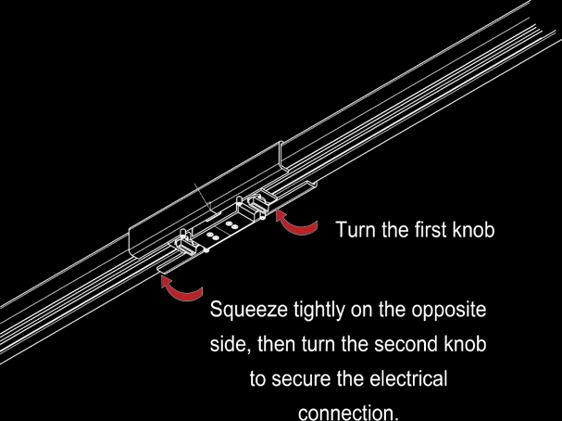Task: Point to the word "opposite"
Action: [449, 311]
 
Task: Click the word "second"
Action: [406, 344]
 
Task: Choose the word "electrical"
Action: [408, 378]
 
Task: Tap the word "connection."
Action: [348, 413]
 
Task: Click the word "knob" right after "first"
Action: [473, 229]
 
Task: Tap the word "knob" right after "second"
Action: [465, 344]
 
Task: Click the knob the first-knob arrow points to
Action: [257, 205]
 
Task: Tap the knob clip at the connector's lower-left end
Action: [186, 243]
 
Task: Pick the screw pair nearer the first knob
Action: [231, 225]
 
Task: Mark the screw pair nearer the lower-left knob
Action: [213, 236]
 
